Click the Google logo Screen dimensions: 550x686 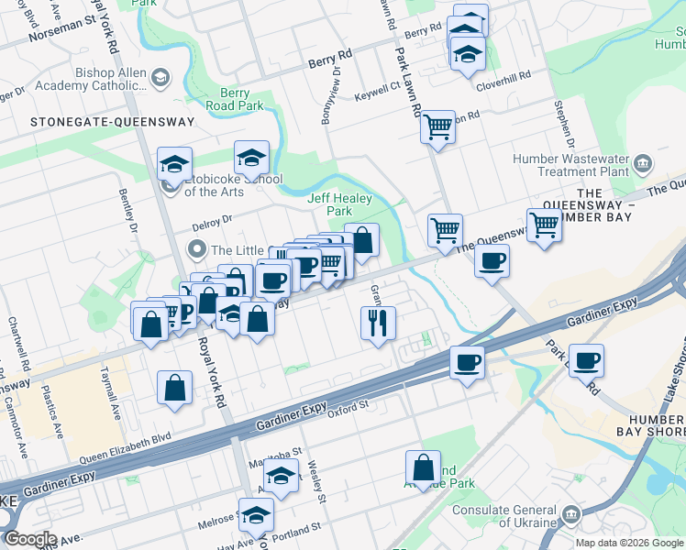coord(29,539)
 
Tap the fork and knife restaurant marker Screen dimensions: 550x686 coord(378,322)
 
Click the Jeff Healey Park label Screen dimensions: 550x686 coord(330,203)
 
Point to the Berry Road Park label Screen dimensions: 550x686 coord(242,99)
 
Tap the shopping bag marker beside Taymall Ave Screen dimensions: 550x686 coord(174,387)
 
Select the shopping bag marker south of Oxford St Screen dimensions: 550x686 coord(424,467)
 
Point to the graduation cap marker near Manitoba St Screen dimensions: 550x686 coord(282,475)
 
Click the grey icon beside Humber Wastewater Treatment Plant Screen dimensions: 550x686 coord(642,164)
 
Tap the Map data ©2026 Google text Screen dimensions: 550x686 coord(629,542)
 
